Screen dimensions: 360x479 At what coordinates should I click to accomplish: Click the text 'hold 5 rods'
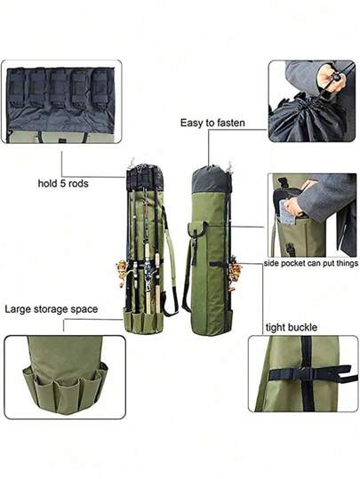pyautogui.click(x=63, y=183)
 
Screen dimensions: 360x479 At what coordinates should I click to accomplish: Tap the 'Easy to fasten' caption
pyautogui.click(x=212, y=123)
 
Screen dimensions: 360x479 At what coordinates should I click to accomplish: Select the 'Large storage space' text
pyautogui.click(x=52, y=309)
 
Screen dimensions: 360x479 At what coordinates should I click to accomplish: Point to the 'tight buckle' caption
pyautogui.click(x=292, y=327)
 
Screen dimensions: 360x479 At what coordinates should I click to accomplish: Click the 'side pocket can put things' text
pyautogui.click(x=311, y=263)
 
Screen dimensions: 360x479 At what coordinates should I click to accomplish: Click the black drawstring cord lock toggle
pyautogui.click(x=337, y=78)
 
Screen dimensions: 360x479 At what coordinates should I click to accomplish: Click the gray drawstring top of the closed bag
pyautogui.click(x=210, y=180)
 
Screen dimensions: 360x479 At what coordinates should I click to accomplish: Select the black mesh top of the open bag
pyautogui.click(x=145, y=178)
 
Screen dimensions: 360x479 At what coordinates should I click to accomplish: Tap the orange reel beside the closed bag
pyautogui.click(x=236, y=273)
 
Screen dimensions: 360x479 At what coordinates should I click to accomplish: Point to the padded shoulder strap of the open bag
pyautogui.click(x=172, y=259)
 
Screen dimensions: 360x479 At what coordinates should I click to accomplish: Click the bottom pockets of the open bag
pyautogui.click(x=144, y=323)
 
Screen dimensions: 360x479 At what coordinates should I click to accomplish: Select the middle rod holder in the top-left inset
pyautogui.click(x=58, y=88)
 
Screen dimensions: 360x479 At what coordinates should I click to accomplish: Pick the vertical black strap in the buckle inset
pyautogui.click(x=307, y=374)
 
